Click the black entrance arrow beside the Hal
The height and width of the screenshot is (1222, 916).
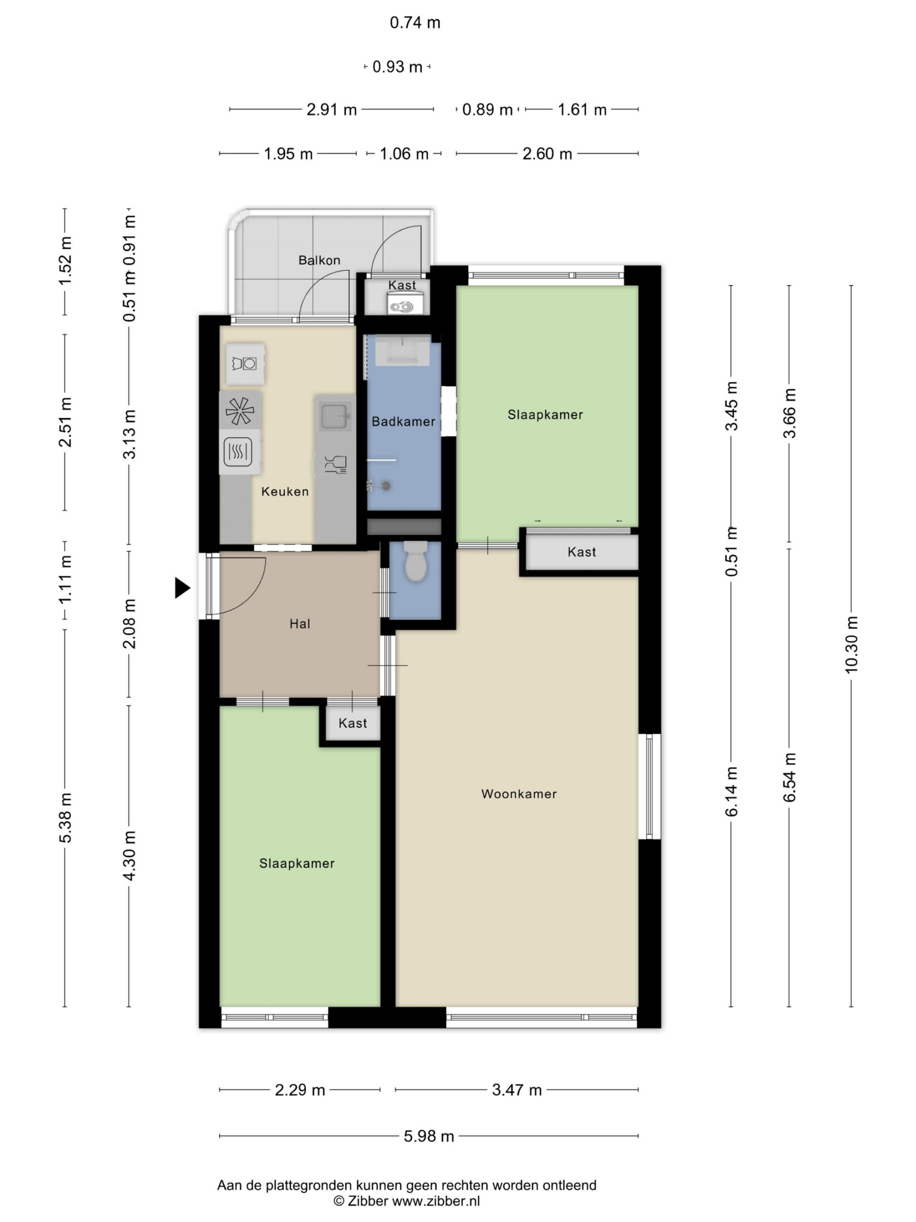[x=182, y=588]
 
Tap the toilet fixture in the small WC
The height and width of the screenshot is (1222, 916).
[x=415, y=561]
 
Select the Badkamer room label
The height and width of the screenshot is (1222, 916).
[x=403, y=421]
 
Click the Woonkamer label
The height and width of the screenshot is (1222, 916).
[x=519, y=794]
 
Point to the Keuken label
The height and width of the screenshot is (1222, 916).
[x=285, y=491]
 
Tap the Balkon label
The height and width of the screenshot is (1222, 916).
[x=319, y=260]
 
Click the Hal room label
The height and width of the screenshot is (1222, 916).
[x=300, y=624]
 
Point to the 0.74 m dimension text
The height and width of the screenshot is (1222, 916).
[x=415, y=22]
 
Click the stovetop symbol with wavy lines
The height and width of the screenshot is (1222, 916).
[x=239, y=452]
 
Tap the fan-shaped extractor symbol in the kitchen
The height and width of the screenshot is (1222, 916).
[x=240, y=411]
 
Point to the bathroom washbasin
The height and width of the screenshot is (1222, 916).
[x=402, y=350]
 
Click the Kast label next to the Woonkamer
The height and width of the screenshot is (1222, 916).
[x=582, y=552]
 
